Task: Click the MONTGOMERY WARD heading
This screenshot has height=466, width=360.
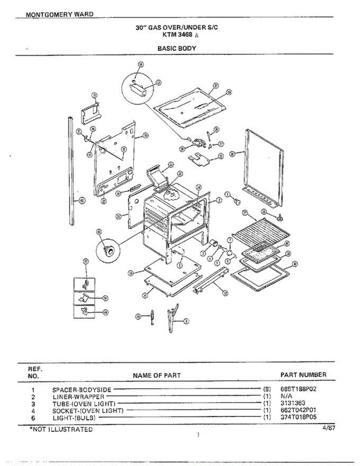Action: coord(59,14)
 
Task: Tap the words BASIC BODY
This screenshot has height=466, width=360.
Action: coord(177,49)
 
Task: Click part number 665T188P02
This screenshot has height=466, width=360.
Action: coord(298,389)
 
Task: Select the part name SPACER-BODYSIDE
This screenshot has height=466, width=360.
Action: coord(82,389)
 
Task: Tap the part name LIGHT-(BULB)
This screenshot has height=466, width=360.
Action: coord(74,417)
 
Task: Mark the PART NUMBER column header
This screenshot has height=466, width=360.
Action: coord(303,375)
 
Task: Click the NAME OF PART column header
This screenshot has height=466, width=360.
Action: coord(157,376)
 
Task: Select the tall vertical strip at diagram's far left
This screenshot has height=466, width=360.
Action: coord(71,171)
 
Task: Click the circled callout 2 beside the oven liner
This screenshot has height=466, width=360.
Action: coord(219,200)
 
